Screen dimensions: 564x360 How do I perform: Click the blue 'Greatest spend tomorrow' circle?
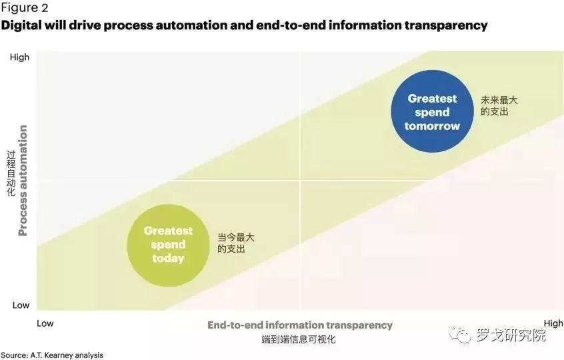pos(432,111)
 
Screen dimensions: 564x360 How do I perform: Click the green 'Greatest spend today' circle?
pos(168,245)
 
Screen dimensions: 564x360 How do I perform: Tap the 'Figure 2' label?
pos(24,8)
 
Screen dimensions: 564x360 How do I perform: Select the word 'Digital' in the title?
pos(21,25)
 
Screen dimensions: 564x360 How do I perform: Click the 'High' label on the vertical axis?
pos(19,57)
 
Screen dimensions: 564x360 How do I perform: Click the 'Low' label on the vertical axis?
pos(21,305)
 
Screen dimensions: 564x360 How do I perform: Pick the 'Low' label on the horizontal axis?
pos(45,323)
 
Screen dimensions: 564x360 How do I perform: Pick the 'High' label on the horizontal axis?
pos(553,323)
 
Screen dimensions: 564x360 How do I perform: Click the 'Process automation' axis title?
pos(22,180)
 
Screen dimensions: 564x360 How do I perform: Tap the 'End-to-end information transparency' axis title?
pos(299,325)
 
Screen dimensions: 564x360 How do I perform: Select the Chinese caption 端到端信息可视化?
pos(298,339)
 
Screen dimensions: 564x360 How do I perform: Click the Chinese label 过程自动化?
pos(11,173)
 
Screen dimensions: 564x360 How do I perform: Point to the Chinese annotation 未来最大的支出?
pos(499,106)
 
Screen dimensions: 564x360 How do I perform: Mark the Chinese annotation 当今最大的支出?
pos(235,243)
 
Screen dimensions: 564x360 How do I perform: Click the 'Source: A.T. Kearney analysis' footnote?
pos(52,355)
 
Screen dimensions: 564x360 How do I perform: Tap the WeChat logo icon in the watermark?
pos(459,335)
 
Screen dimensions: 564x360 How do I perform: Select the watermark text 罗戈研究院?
pos(511,335)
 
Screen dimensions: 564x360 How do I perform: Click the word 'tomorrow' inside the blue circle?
pos(432,126)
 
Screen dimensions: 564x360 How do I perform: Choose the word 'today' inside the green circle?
pos(168,259)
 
